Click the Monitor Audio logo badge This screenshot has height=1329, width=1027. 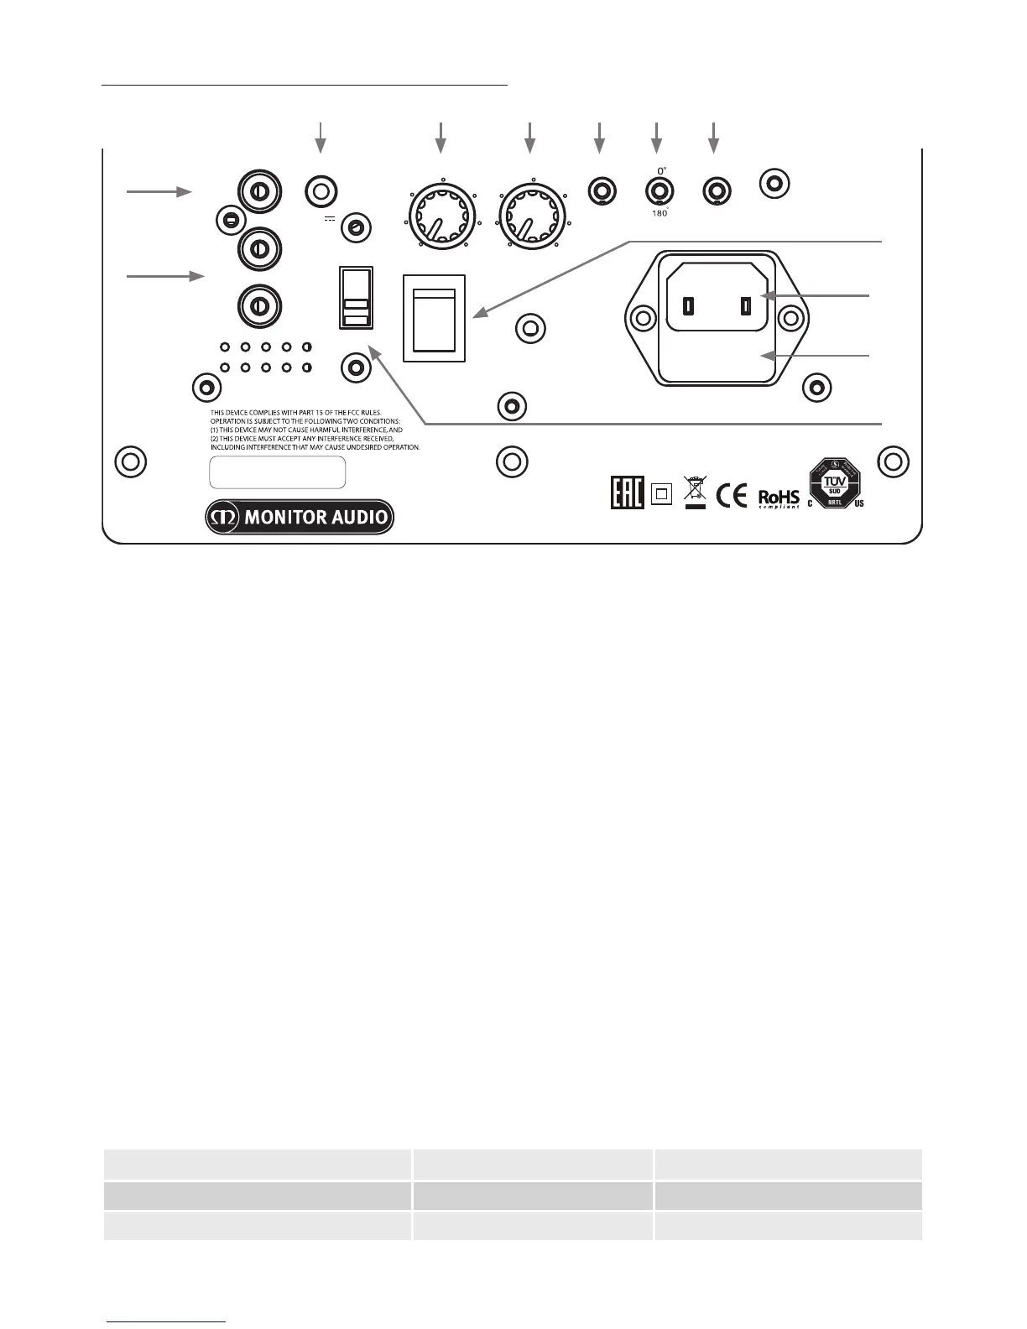(300, 517)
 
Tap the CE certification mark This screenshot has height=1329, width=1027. (732, 495)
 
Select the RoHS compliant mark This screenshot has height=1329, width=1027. (779, 498)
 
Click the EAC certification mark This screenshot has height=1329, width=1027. (627, 493)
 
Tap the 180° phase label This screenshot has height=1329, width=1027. (660, 213)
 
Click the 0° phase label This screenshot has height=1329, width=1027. (661, 169)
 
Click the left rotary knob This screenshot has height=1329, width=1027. (441, 216)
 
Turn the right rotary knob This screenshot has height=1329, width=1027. (531, 216)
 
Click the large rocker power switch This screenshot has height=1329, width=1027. (434, 318)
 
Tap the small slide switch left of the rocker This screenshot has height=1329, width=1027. (355, 298)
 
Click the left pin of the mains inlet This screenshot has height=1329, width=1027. (688, 306)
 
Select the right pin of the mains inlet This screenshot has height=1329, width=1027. (745, 306)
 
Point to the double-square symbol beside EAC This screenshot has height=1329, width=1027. (661, 494)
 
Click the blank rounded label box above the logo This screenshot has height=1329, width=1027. (277, 472)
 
